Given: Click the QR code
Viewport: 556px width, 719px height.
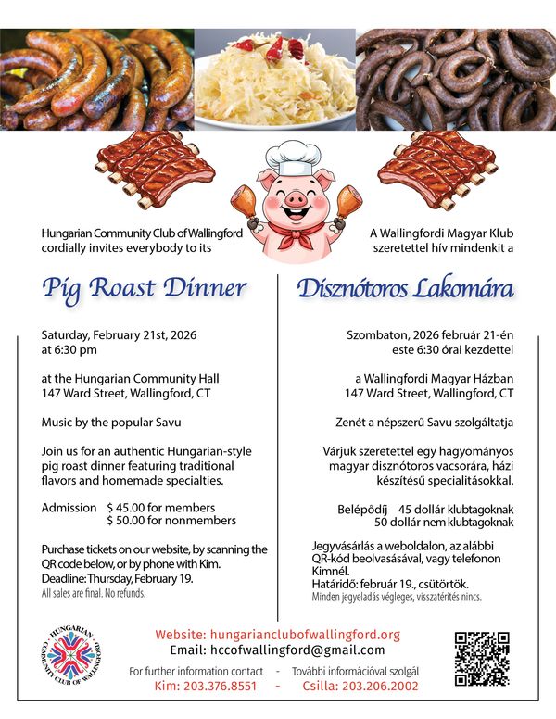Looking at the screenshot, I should [482, 659].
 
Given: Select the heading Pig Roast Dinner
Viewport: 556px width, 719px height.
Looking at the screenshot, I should [144, 288].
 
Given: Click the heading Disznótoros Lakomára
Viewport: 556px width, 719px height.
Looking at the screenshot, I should [405, 288].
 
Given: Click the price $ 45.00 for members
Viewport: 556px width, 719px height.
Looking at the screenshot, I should [161, 508].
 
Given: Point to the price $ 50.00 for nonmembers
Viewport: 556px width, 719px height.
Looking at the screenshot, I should [172, 521].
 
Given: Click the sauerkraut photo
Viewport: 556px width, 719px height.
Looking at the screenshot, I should [274, 80].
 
